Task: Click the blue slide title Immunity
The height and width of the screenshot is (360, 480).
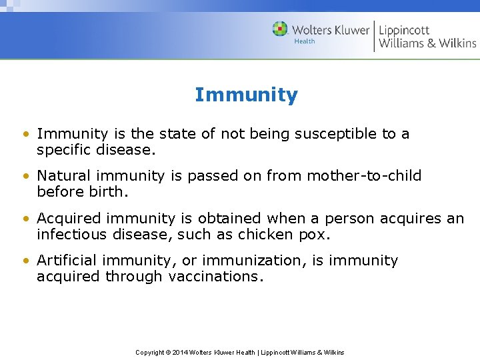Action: [246, 95]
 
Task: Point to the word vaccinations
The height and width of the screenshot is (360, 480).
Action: [217, 277]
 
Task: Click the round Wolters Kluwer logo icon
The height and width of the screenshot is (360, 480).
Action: [280, 29]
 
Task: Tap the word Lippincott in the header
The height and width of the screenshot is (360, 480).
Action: [404, 30]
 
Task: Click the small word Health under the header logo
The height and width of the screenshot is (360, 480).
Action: [305, 41]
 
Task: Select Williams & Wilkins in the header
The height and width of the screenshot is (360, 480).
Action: [427, 44]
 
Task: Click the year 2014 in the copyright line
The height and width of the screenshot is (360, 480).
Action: [180, 352]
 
